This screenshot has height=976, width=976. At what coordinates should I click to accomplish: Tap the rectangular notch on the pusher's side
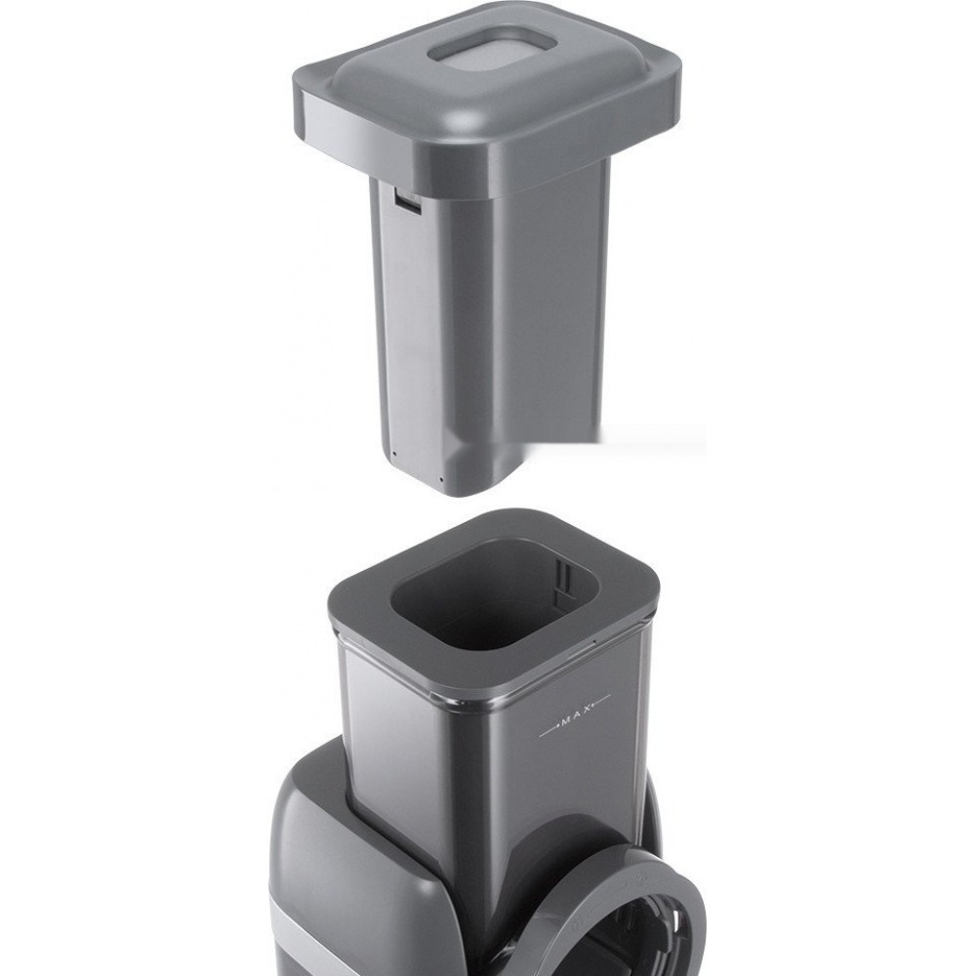click(x=406, y=202)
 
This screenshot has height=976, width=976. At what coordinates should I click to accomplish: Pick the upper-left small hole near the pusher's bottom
click(x=394, y=453)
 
